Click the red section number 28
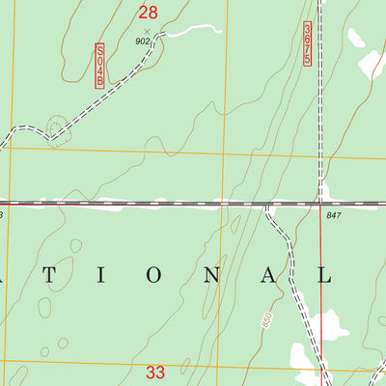click(x=147, y=13)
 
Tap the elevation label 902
click(x=143, y=41)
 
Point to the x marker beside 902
click(x=147, y=31)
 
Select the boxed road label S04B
click(x=99, y=66)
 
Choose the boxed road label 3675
click(x=307, y=44)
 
